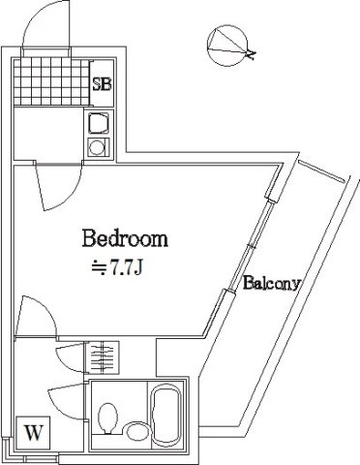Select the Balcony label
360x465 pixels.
(272, 285)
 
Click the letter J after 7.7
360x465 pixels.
(140, 263)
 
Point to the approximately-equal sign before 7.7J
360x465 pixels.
(98, 263)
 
